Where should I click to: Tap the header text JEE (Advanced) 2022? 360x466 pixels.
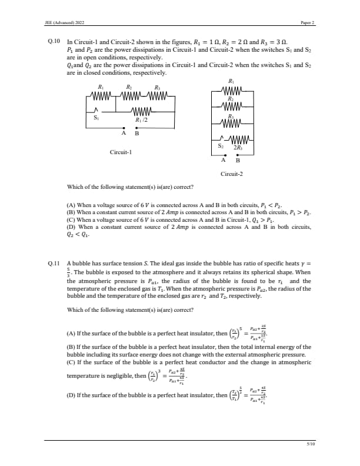point(64,22)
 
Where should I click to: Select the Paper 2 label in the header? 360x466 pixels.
point(308,22)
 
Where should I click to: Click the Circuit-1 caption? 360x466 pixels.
point(121,152)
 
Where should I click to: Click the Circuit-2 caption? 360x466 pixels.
point(231,174)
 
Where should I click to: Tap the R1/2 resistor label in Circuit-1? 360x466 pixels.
point(141,120)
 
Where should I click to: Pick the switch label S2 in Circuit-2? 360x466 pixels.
point(221,145)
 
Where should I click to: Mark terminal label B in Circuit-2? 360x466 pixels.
point(238,160)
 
